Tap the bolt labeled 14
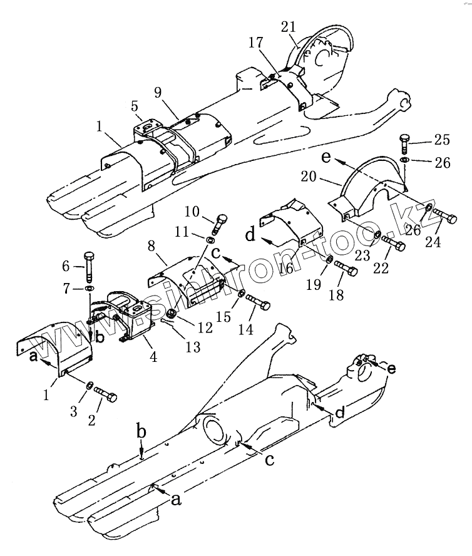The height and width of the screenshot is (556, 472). pos(258,304)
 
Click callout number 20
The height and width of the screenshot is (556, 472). pos(324,179)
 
